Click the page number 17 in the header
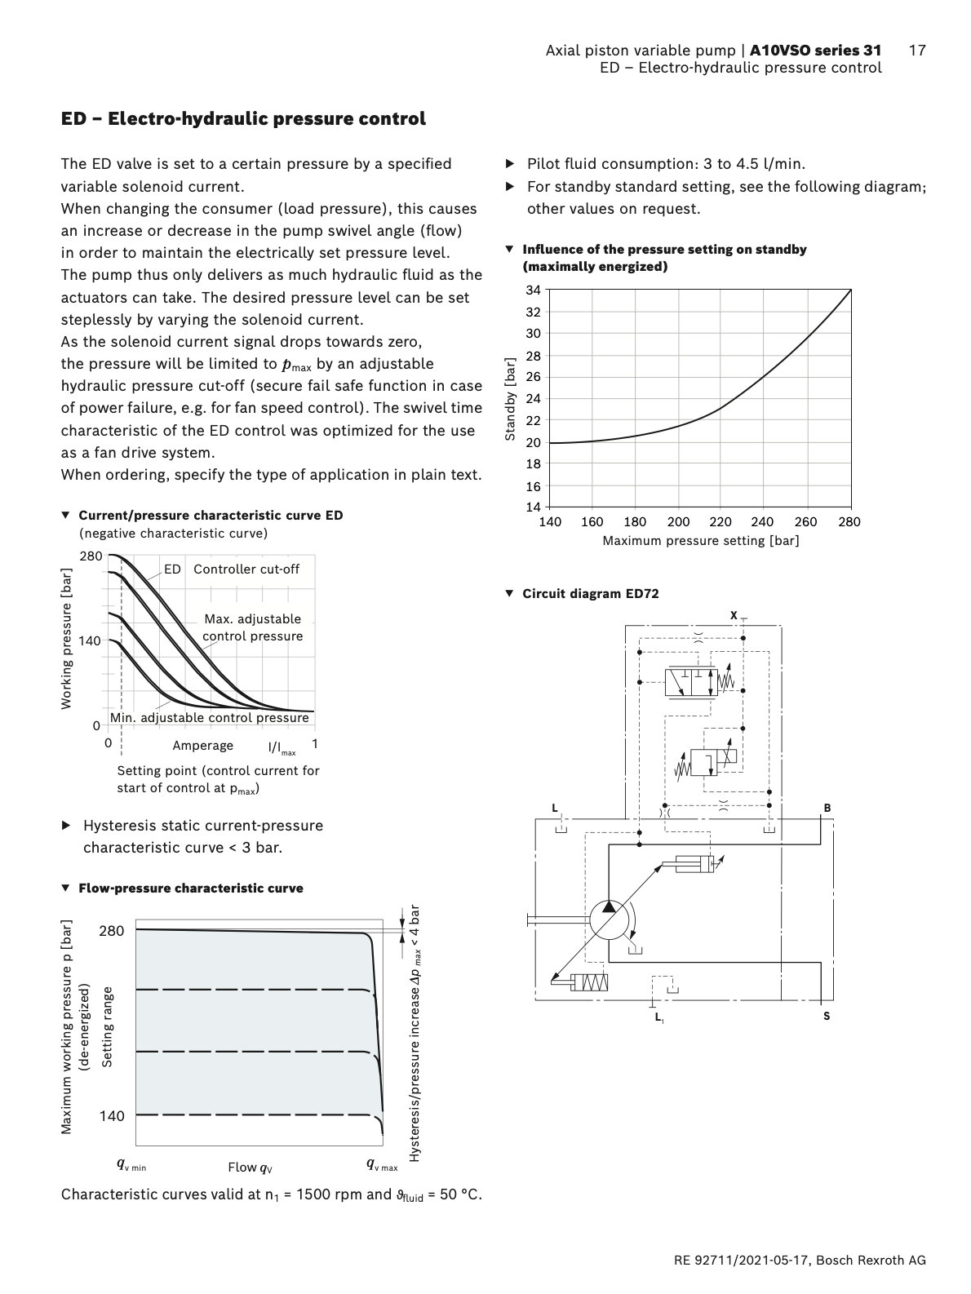click(x=917, y=51)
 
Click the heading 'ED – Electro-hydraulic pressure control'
click(x=243, y=119)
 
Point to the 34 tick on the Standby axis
click(x=533, y=290)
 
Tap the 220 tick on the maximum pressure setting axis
click(x=720, y=522)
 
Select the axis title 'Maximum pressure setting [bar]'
click(x=700, y=541)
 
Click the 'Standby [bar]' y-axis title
click(x=511, y=399)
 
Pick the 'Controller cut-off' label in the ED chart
click(x=246, y=569)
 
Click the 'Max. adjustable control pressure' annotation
click(x=252, y=628)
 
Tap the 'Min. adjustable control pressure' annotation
click(x=210, y=718)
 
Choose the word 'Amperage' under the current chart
click(x=202, y=746)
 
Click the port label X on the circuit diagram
click(x=734, y=615)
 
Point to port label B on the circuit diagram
click(x=827, y=809)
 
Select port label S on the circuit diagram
click(x=827, y=1017)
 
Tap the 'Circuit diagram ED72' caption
click(x=590, y=594)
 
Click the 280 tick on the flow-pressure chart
click(x=112, y=931)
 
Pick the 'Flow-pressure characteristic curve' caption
click(x=190, y=889)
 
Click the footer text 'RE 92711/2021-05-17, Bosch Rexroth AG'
click(x=800, y=1261)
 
